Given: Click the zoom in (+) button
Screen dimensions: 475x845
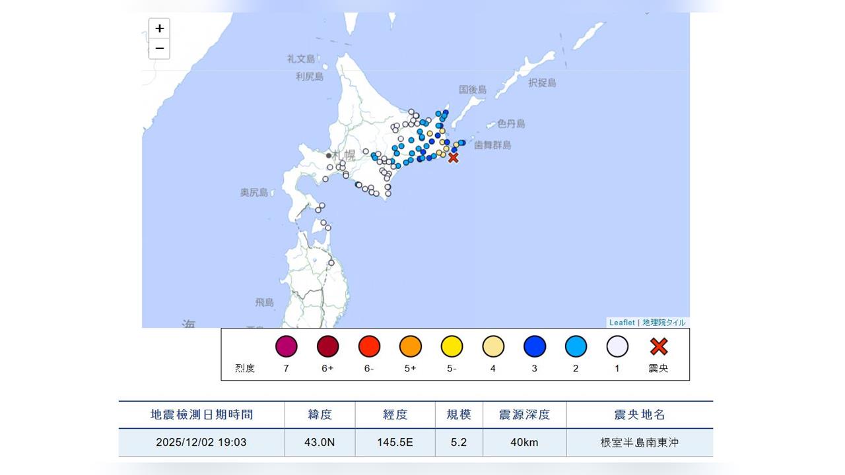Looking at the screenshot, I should click(x=159, y=29).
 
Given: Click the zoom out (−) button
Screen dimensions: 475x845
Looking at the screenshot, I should click(x=159, y=49).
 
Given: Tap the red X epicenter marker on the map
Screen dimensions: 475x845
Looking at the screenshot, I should click(x=453, y=158).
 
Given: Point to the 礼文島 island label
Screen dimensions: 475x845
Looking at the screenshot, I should click(x=301, y=59).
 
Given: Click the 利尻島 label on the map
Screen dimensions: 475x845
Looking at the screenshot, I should click(x=310, y=77).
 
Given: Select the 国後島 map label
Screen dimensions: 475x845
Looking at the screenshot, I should click(x=473, y=89).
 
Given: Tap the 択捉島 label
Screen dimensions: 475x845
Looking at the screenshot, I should click(x=542, y=82).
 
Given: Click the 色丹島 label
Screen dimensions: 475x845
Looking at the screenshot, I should click(x=511, y=123).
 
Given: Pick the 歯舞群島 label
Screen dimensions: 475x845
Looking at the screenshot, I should click(x=492, y=144).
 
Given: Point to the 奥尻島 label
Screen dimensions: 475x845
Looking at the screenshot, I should click(x=254, y=192).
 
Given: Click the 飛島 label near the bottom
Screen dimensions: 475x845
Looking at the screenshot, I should click(x=264, y=302).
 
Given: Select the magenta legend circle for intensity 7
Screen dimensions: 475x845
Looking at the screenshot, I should click(x=287, y=346).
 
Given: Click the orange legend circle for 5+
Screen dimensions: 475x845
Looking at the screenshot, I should click(x=411, y=346).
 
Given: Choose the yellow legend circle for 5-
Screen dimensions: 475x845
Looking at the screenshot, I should click(x=452, y=346).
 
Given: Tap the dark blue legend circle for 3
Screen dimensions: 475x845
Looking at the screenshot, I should click(x=535, y=346).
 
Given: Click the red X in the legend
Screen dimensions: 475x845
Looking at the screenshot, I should click(x=659, y=346).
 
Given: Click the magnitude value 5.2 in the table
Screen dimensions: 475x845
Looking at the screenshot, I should click(x=459, y=442).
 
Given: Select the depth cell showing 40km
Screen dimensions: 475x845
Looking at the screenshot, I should click(x=524, y=442).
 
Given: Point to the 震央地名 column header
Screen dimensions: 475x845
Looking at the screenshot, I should click(x=639, y=414).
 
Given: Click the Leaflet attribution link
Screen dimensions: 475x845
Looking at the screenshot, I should click(x=622, y=323).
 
